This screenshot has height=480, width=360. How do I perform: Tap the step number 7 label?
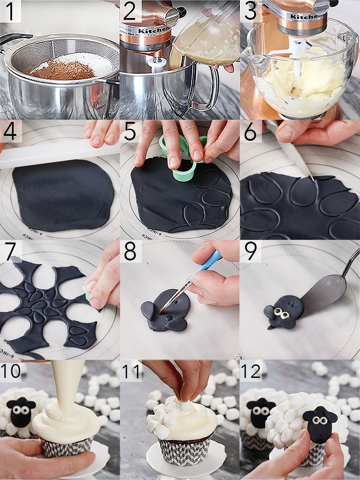[10, 252]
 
